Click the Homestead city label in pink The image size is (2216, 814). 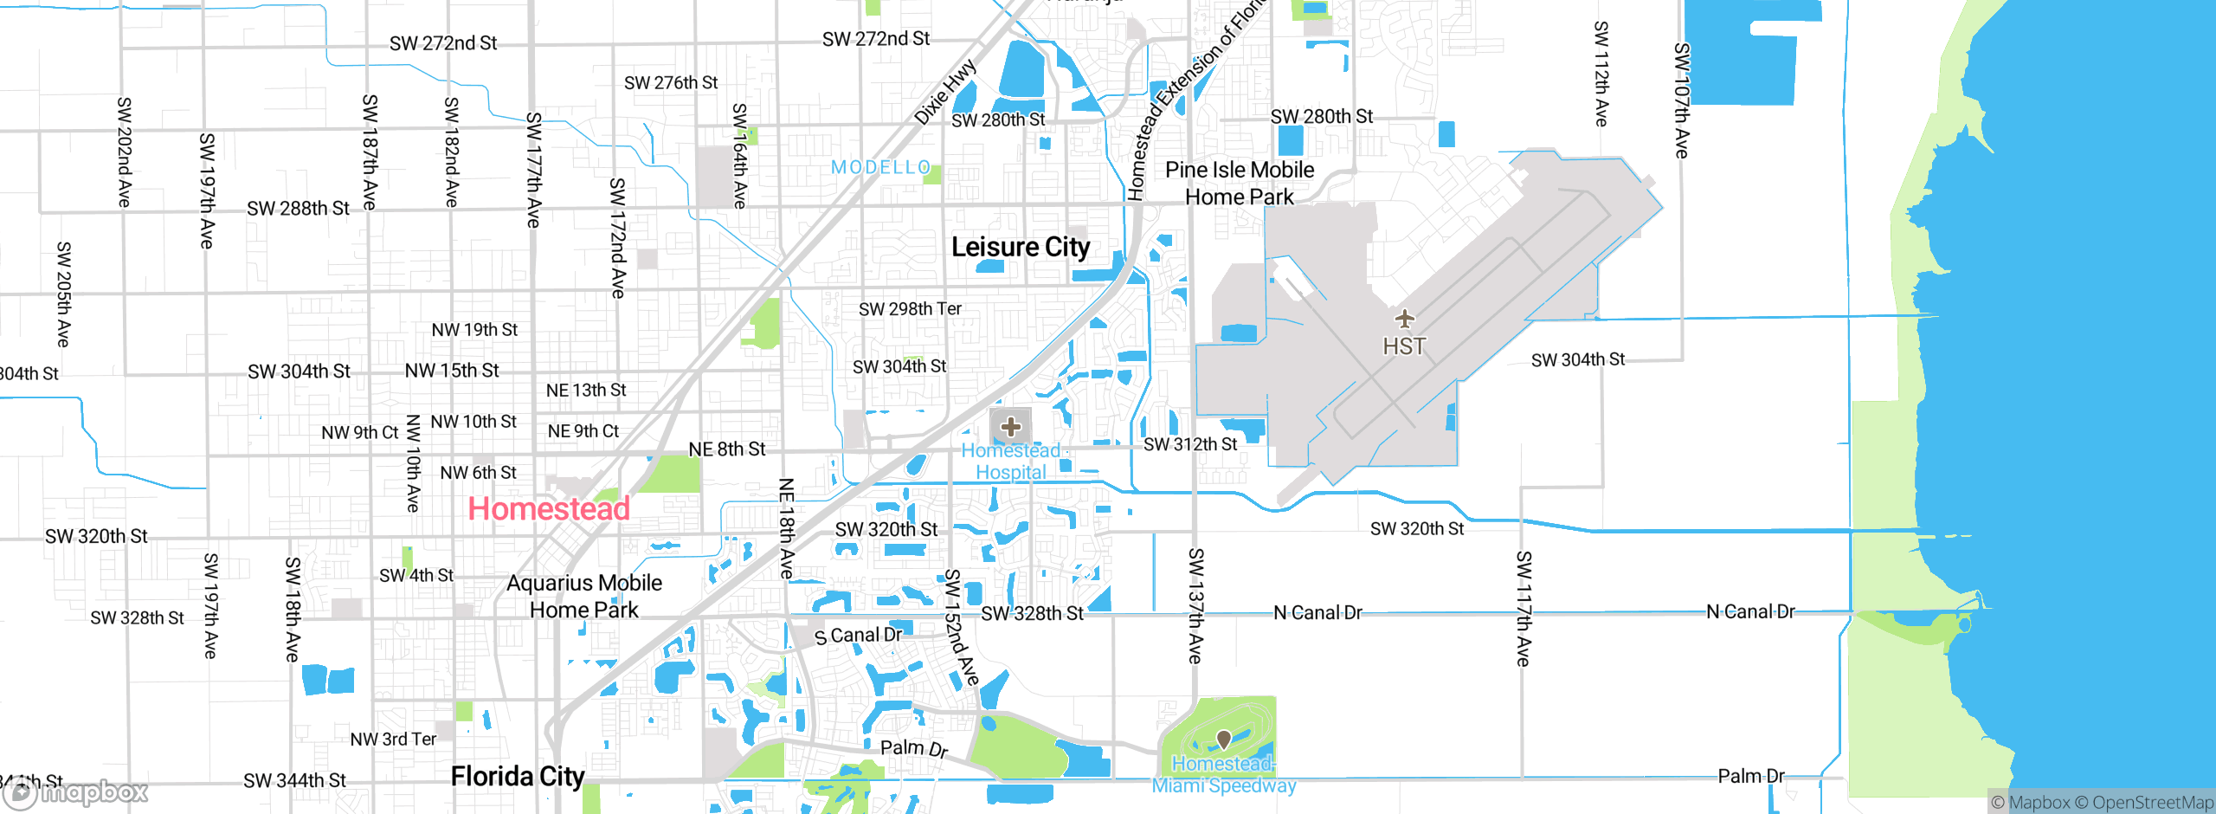coord(549,509)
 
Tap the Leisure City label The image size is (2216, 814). coord(1021,248)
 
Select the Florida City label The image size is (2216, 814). coord(518,777)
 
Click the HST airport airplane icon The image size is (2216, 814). coord(1404,319)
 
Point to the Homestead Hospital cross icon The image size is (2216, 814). coord(1010,426)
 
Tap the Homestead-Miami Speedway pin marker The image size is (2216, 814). coord(1224,739)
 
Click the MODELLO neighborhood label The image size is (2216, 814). coord(880,167)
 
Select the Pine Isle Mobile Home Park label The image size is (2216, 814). coord(1240,184)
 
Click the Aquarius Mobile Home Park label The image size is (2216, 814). coord(584,597)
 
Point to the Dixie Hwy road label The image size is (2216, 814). coord(945,92)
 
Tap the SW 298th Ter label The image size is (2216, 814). coord(910,309)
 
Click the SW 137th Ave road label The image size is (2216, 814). coord(1195,606)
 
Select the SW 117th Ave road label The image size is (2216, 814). coord(1523,609)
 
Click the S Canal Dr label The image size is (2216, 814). coord(859,636)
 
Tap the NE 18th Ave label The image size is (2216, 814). coord(786,528)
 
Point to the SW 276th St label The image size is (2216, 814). coord(671,83)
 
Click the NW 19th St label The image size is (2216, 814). coord(474,330)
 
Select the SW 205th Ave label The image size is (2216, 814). coord(63,294)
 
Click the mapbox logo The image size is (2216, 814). coord(76,791)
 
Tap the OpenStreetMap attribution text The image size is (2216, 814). coord(2152,803)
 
